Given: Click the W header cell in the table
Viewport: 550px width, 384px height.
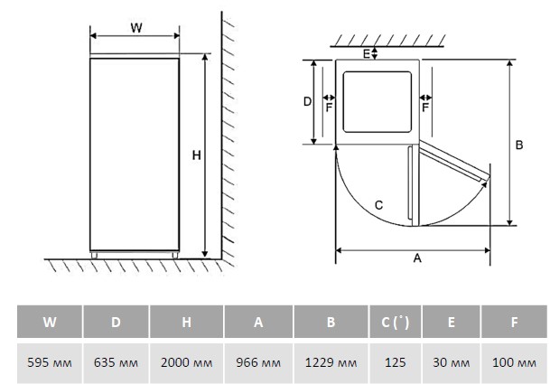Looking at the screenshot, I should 50,322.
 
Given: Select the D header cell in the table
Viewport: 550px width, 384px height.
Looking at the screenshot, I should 117,322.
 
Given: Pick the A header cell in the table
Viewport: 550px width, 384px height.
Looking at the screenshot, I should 259,322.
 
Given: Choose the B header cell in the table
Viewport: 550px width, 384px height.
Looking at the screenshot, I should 331,322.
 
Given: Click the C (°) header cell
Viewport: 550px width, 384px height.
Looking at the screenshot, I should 395,322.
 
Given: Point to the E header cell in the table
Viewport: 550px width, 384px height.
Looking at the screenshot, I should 451,322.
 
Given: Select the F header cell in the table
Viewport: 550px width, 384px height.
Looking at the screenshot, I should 515,322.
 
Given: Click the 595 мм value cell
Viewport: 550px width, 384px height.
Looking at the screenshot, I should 50,362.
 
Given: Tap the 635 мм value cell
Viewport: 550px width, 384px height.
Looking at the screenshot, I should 117,362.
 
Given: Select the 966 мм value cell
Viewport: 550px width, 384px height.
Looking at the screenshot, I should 259,362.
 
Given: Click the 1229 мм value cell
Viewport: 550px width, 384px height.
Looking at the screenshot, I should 331,362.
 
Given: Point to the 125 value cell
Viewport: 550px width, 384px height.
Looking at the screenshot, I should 395,362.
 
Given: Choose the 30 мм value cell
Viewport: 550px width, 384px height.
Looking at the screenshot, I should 451,362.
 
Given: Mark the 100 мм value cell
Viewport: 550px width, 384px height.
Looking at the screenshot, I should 515,362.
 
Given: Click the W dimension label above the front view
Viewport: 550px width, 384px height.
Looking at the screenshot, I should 136,27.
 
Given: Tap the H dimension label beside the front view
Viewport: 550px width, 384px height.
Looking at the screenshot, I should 196,155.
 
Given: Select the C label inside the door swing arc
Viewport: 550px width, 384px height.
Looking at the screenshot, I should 378,205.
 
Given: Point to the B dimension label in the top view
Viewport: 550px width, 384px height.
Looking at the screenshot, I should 519,145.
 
